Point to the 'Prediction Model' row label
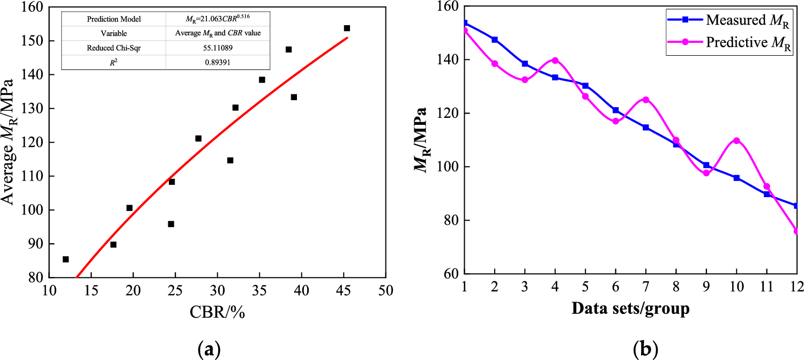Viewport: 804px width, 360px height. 113,19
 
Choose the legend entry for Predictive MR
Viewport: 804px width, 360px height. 728,42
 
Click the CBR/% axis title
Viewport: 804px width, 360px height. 217,313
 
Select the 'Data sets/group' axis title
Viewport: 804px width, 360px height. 630,309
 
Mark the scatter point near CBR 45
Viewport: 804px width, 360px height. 347,28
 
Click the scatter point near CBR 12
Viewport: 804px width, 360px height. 65,259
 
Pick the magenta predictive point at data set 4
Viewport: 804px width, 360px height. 555,61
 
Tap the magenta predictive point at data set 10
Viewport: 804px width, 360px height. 736,140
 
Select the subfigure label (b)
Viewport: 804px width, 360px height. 643,350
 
